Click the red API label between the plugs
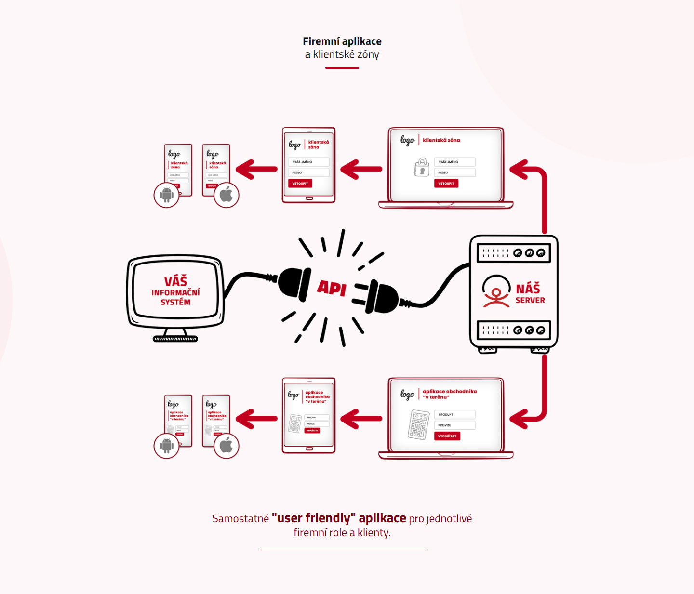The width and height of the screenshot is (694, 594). pos(332,288)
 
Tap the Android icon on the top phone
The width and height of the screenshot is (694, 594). pos(167,195)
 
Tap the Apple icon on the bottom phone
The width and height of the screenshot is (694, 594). pos(226,446)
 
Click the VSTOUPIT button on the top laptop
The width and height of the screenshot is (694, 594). pos(446,184)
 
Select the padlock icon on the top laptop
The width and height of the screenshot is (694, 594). pos(422,168)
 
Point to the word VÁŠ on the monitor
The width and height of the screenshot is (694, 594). pos(175,281)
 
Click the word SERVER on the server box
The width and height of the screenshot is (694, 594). pos(530,300)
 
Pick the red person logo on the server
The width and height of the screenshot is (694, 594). pos(496,292)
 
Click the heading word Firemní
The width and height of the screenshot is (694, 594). pos(321,41)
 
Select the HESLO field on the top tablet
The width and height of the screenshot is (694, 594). pos(308,172)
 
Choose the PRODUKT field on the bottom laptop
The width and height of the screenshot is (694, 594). pos(454,415)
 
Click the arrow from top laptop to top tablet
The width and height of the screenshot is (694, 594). pos(361,169)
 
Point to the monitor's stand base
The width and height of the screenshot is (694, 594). pos(175,338)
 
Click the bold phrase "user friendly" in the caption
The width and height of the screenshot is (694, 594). pos(314,518)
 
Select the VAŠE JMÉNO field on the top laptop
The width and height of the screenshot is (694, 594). pos(454,162)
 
